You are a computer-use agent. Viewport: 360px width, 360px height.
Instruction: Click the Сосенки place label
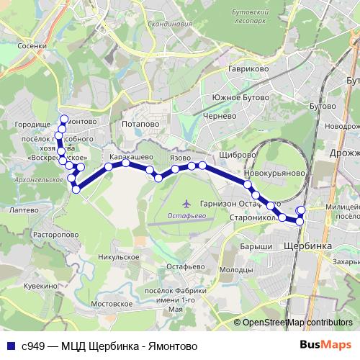(x=33, y=45)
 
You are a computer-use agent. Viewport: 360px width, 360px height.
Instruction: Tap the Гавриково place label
(x=229, y=69)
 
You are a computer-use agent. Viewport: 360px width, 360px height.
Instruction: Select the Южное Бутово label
(x=240, y=97)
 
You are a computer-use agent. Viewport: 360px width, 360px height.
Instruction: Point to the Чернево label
(x=220, y=116)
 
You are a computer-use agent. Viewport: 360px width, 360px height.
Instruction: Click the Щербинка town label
(x=308, y=246)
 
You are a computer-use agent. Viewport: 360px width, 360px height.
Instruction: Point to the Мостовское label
(x=114, y=304)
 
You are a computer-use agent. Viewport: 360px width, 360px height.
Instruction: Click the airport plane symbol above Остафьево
(x=188, y=204)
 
